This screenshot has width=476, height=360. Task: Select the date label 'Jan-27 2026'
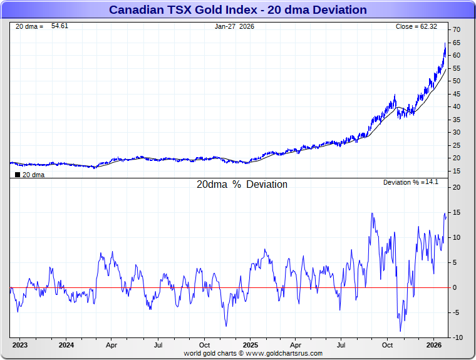click(235, 26)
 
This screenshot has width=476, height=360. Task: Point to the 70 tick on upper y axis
click(457, 30)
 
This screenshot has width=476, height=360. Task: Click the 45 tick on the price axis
click(457, 94)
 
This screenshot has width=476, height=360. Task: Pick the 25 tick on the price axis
click(457, 145)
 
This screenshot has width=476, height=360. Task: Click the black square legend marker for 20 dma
click(18, 175)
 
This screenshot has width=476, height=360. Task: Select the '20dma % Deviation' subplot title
click(242, 185)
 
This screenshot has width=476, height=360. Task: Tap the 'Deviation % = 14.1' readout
click(411, 182)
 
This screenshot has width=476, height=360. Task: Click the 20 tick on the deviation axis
click(457, 187)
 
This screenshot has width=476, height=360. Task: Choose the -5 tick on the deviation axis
click(457, 313)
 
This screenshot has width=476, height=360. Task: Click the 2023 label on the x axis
click(20, 345)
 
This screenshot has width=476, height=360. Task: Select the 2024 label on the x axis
click(66, 345)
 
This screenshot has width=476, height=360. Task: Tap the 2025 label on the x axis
click(250, 345)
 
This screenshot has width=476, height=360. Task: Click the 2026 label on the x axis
click(434, 345)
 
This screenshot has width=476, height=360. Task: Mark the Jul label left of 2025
click(158, 345)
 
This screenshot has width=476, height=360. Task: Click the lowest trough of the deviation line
click(400, 331)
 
